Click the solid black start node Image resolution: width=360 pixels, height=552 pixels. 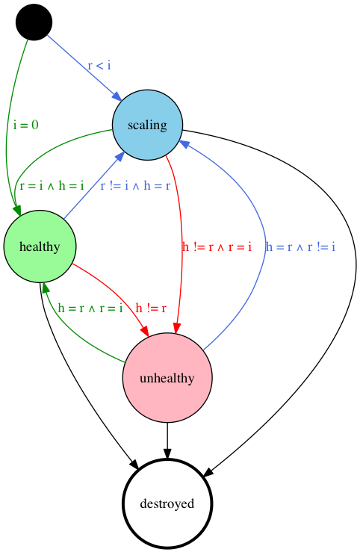pos(34,22)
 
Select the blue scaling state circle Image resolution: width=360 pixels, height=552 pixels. pos(147,125)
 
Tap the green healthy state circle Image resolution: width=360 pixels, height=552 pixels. pos(40,246)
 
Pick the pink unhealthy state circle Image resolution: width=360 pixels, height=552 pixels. pos(167,378)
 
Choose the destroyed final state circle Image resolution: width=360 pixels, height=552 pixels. pos(167,503)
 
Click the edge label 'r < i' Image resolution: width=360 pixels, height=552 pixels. pos(99,66)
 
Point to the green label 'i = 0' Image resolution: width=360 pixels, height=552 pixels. pos(25,125)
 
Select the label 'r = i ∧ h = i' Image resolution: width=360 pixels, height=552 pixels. pos(52,185)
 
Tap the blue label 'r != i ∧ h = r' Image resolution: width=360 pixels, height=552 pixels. pos(135,185)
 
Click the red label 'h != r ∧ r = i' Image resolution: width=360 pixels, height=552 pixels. pos(217,246)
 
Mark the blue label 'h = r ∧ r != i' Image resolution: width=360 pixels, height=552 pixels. pos(300,246)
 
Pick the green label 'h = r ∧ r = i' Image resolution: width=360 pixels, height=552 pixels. pos(90,308)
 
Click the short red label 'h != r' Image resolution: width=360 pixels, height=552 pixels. pos(151,308)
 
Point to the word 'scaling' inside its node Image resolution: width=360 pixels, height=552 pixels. pos(147,125)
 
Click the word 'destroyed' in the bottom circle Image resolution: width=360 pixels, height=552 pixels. pos(167,503)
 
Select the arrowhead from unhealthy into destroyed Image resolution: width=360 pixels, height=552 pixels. pos(167,453)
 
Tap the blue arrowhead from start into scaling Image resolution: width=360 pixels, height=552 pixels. pos(117,96)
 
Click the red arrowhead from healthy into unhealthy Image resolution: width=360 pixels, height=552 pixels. pos(144,331)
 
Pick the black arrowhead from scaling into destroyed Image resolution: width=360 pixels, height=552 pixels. pos(208,473)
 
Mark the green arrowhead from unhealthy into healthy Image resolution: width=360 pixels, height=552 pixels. pos(45,288)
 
